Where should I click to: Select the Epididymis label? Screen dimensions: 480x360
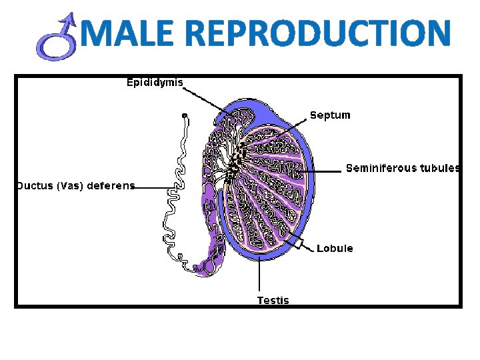(155, 83)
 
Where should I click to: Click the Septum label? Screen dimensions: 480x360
(330, 115)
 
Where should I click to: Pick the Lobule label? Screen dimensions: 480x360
(335, 249)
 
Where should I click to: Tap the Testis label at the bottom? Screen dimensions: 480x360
(273, 300)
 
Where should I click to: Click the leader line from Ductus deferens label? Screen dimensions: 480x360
(150, 188)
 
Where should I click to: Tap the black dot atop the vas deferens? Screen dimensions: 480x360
(185, 115)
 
